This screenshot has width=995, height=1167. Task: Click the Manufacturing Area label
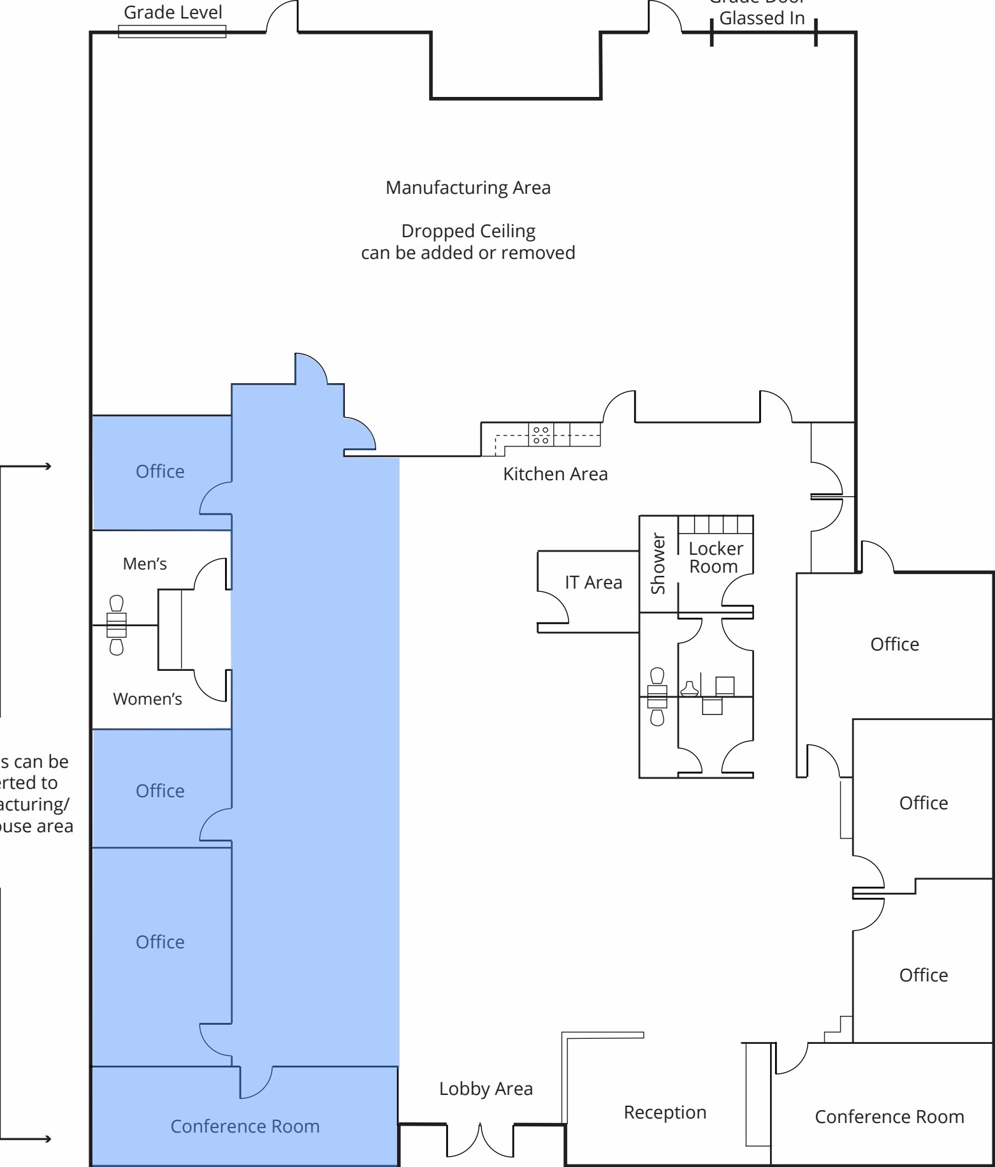(x=468, y=188)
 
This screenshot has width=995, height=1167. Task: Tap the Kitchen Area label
(x=555, y=474)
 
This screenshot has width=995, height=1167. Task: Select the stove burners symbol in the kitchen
(x=541, y=435)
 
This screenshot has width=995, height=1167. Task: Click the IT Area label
(x=593, y=583)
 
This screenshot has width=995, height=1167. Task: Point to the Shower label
(x=658, y=564)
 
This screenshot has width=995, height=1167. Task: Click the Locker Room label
(x=715, y=558)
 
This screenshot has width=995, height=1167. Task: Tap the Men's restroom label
(x=145, y=564)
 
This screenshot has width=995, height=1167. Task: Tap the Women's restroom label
(x=147, y=699)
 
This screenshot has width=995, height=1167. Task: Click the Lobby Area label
(x=486, y=1089)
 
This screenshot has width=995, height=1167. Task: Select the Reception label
(x=665, y=1113)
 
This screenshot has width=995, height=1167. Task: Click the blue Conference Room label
(x=245, y=1127)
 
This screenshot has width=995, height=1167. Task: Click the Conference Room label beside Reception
(x=889, y=1117)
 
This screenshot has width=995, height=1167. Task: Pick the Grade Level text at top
(x=173, y=13)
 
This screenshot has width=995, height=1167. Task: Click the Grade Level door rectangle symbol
(x=172, y=32)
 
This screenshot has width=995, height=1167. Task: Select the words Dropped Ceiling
(x=468, y=231)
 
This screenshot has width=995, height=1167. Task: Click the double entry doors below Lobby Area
(x=480, y=1140)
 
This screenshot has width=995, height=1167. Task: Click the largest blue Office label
(x=160, y=943)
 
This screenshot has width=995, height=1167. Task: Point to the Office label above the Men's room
(x=160, y=472)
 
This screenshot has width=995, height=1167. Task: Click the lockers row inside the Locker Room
(x=715, y=525)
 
